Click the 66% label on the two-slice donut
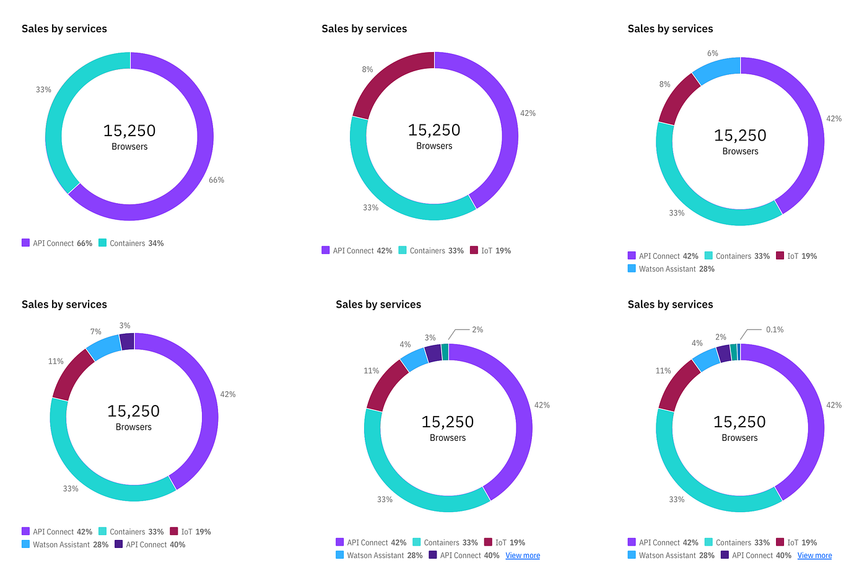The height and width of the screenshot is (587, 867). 216,180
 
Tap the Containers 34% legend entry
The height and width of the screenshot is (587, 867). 131,243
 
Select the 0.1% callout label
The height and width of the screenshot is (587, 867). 774,329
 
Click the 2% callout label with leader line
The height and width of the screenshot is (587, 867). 477,329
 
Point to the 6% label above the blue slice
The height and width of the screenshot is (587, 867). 713,53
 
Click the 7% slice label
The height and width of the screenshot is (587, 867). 95,332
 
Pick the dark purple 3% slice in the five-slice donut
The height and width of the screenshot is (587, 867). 127,341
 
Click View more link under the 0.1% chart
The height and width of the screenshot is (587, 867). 814,555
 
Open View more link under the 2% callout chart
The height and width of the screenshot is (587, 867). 523,555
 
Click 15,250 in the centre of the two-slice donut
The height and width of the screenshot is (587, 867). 129,131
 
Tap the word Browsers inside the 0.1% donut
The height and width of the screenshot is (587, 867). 739,438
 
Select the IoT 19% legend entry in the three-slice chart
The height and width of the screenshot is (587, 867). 490,251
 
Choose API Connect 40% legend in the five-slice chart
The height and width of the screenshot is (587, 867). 150,545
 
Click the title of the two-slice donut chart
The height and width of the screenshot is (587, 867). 64,29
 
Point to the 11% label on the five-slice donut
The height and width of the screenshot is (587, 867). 56,361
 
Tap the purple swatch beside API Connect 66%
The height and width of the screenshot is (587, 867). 25,243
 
